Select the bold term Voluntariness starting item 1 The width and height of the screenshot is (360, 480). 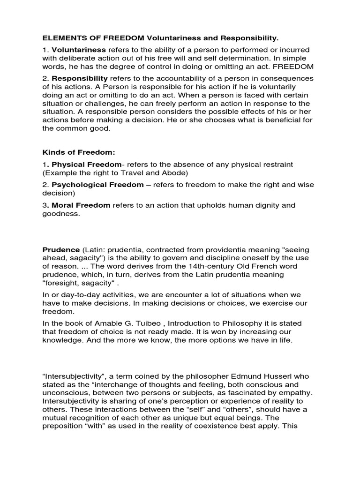[x=79, y=50]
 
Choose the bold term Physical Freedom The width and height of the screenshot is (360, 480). [x=86, y=165]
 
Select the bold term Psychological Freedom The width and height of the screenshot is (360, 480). [x=97, y=185]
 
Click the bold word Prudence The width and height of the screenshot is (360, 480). [x=61, y=249]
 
